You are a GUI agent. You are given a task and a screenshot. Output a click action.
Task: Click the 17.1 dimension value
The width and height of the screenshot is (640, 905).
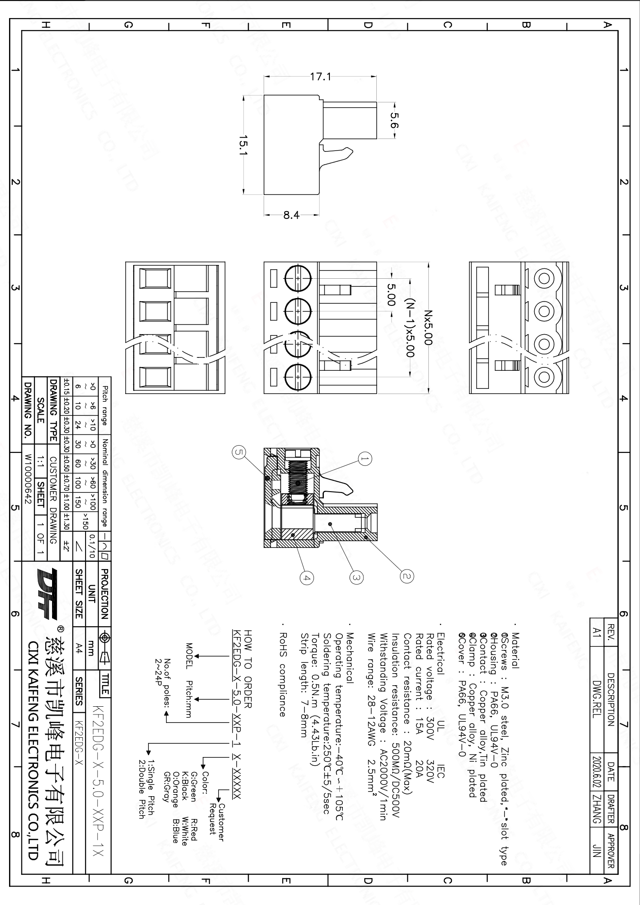[320, 77]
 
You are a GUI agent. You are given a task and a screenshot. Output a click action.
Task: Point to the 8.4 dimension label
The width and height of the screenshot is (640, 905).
[291, 215]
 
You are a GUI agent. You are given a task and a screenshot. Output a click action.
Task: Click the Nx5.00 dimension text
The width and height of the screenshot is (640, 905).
[428, 328]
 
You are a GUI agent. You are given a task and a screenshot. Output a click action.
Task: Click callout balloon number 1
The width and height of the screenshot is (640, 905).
[365, 459]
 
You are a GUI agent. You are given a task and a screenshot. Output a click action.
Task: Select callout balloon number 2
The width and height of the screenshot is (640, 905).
[407, 576]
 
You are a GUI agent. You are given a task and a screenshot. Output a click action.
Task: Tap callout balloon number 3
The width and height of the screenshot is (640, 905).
[356, 577]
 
